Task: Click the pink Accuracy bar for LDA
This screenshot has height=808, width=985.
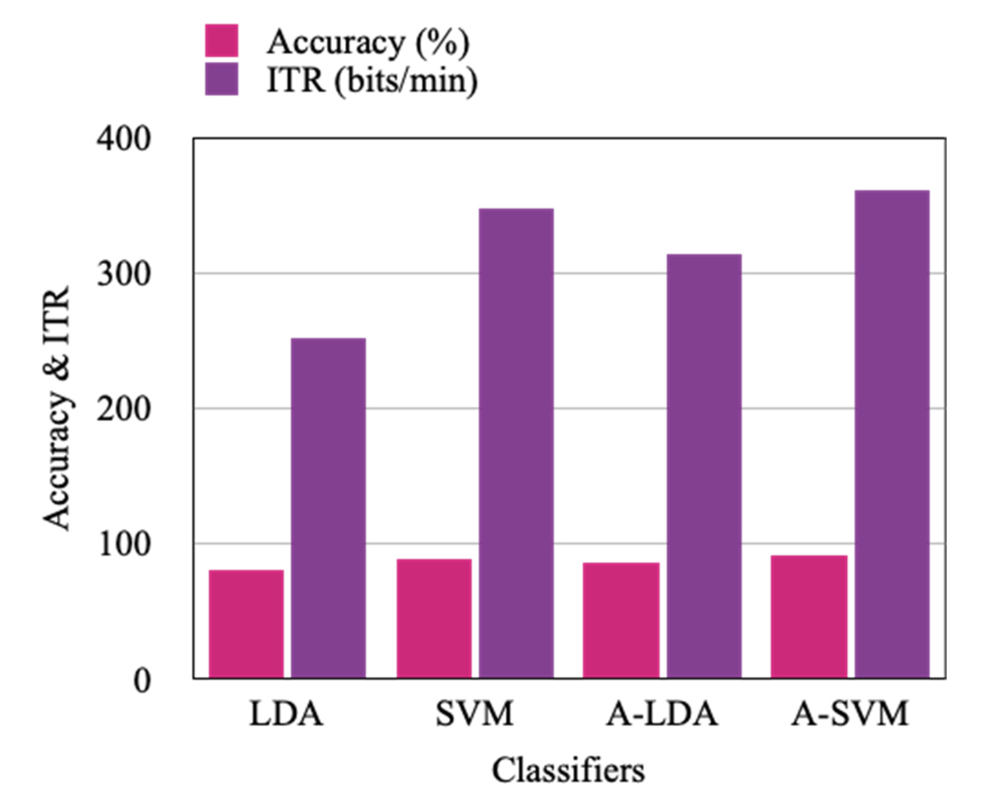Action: [246, 624]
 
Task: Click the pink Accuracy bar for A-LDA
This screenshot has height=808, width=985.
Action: [621, 620]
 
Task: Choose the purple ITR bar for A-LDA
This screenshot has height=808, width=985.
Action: [704, 466]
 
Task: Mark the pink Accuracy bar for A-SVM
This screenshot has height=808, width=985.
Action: [809, 616]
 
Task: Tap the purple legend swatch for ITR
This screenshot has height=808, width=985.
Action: [222, 79]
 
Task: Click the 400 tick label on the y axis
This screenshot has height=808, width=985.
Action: [124, 139]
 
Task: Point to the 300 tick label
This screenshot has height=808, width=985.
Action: [124, 275]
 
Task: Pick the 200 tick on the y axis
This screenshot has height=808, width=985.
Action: [124, 409]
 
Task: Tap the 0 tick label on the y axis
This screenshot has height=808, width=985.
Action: [141, 681]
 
